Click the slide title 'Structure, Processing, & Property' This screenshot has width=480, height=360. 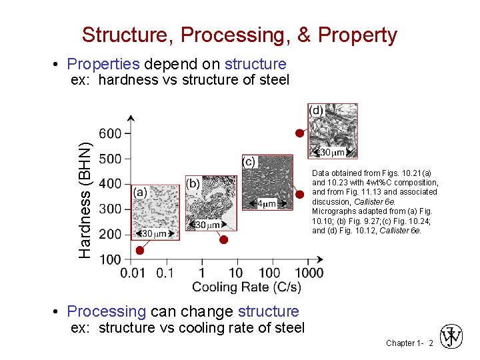pos(239,35)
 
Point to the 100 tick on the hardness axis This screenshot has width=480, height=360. pos(111,259)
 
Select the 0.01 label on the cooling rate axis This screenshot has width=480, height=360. pos(133,273)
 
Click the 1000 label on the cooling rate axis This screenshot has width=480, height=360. pos(309,273)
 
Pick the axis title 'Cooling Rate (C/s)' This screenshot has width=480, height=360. pos(247,287)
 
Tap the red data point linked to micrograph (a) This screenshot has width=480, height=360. pos(139,250)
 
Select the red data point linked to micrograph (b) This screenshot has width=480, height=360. pos(224,239)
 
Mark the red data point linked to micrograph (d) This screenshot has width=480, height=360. pos(300,133)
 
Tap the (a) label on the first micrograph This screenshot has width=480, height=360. pos(140,192)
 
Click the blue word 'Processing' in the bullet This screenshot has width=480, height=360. pos(107,311)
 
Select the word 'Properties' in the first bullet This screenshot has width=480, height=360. pos(103,64)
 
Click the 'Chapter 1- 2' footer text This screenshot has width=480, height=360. pos(409,343)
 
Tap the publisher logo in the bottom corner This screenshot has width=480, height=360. pos(452,338)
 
